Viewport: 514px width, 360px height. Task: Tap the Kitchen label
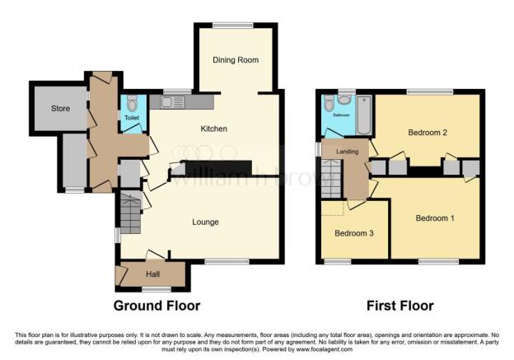pyautogui.click(x=214, y=129)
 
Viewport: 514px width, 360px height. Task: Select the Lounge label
pyautogui.click(x=206, y=222)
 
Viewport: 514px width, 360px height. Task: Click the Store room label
pyautogui.click(x=60, y=108)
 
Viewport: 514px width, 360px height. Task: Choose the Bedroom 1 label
pyautogui.click(x=434, y=218)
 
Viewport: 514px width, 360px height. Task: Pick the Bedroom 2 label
pyautogui.click(x=428, y=133)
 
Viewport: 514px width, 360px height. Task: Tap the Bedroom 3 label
pyautogui.click(x=354, y=233)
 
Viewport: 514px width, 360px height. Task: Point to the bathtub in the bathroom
pyautogui.click(x=364, y=112)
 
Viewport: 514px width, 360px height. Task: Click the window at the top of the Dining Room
pyautogui.click(x=233, y=25)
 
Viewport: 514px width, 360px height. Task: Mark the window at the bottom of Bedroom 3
pyautogui.click(x=338, y=262)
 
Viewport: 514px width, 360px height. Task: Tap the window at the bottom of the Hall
pyautogui.click(x=156, y=289)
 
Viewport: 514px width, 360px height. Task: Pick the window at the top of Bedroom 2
pyautogui.click(x=428, y=91)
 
